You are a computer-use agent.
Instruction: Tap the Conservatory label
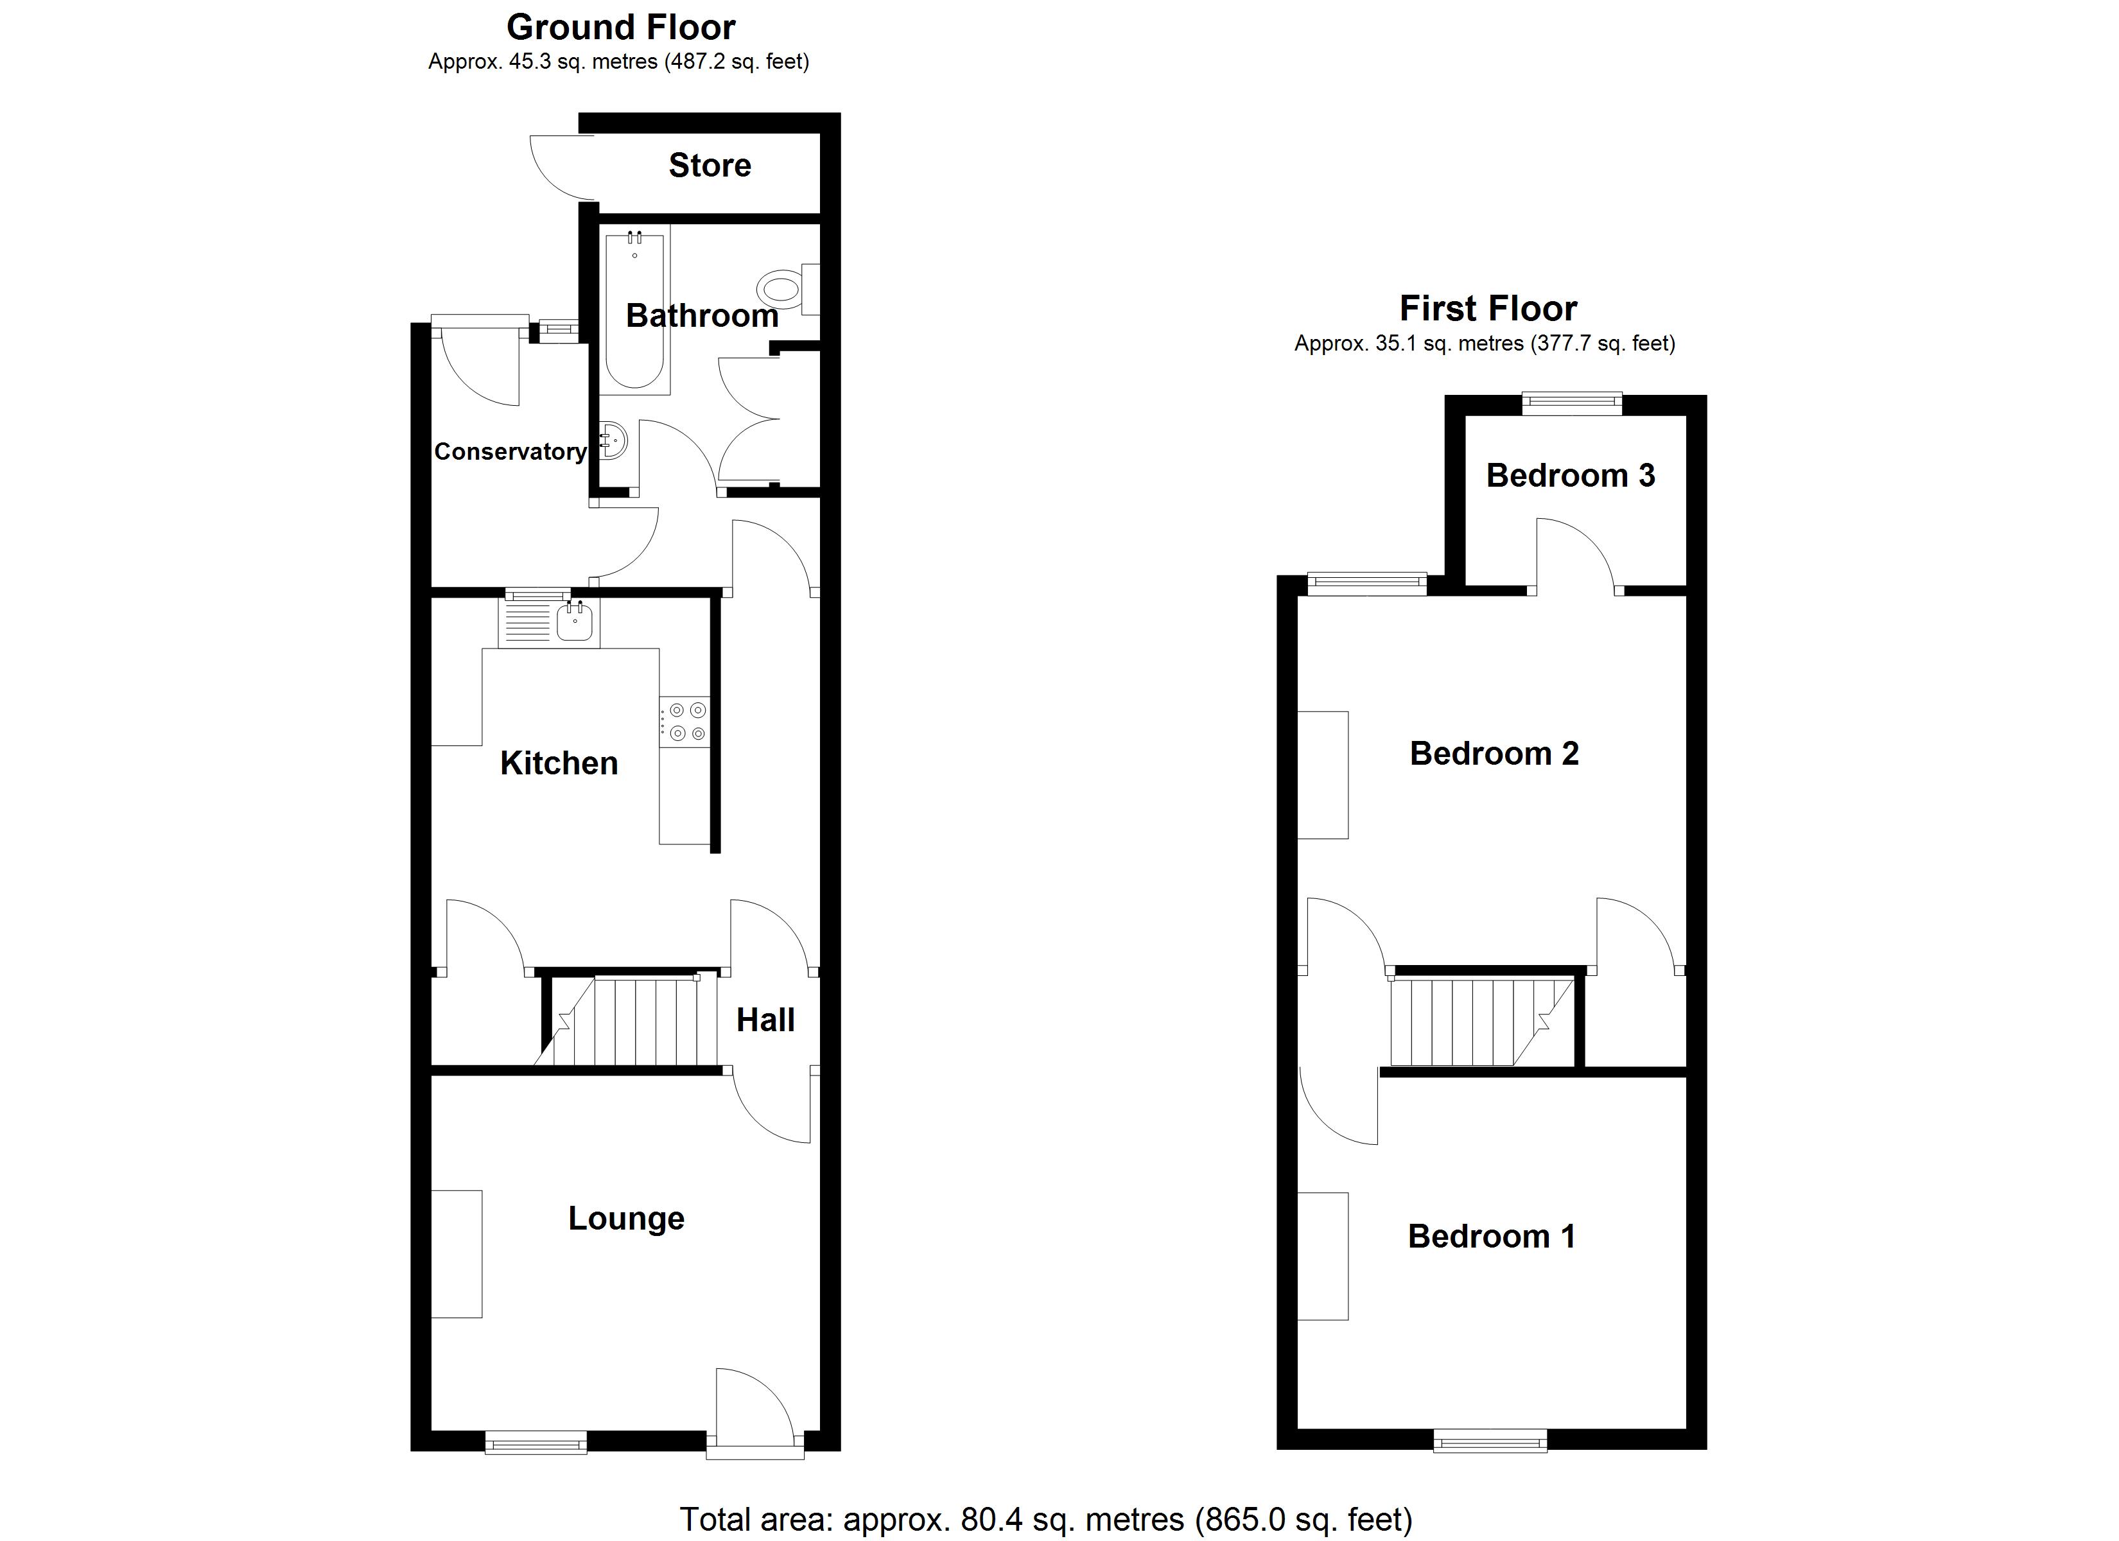tap(510, 451)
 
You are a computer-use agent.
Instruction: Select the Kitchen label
tap(559, 763)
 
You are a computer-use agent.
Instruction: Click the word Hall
tap(765, 1020)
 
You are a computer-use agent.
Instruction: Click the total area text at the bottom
tap(1045, 1519)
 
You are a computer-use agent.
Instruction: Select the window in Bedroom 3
tap(1571, 403)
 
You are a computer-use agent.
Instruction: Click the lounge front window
tap(536, 1444)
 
